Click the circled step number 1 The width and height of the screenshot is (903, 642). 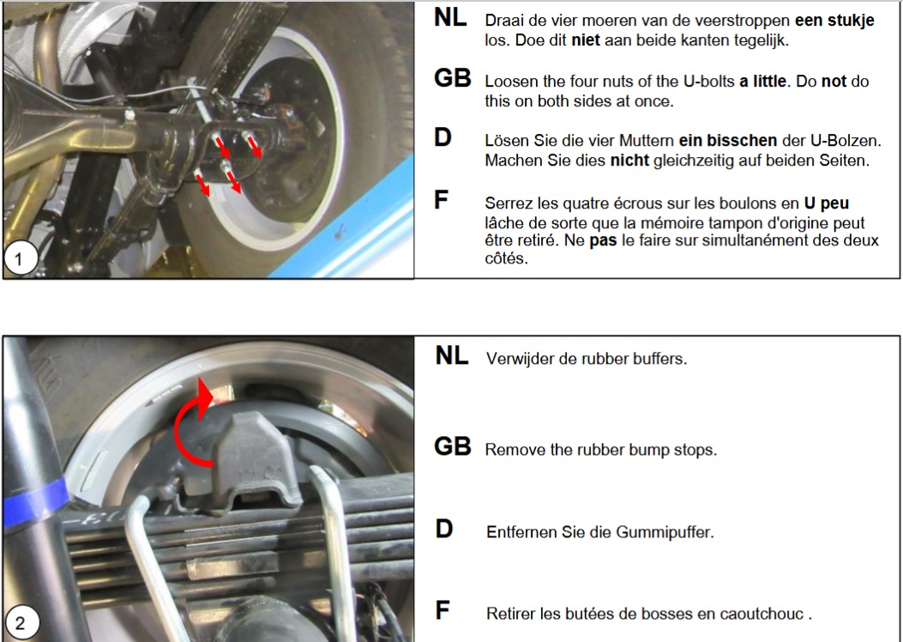tap(21, 258)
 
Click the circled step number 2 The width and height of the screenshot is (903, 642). tap(21, 623)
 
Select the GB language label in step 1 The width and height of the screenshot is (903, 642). tap(453, 79)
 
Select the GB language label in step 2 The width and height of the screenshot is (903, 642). tap(453, 446)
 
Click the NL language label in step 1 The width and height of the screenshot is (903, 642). tap(450, 18)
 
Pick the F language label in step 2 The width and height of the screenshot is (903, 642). tap(442, 611)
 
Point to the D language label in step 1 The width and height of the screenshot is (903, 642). tap(442, 137)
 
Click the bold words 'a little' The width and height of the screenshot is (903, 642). tap(762, 82)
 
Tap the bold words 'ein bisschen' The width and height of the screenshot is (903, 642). tap(728, 141)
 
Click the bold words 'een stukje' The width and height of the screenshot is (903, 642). tap(834, 21)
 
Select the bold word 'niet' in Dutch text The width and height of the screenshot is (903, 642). tap(586, 40)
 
